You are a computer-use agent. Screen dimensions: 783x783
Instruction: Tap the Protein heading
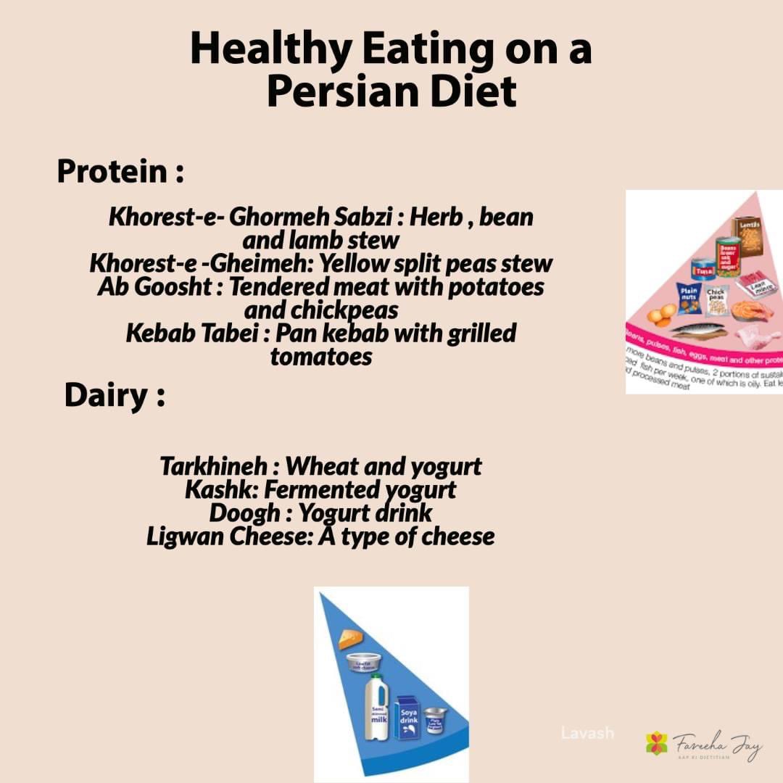pyautogui.click(x=112, y=172)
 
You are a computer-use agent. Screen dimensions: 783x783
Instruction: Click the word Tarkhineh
pyautogui.click(x=217, y=465)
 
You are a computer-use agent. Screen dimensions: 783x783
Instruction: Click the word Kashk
pyautogui.click(x=217, y=489)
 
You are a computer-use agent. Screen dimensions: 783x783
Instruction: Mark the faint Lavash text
pyautogui.click(x=587, y=733)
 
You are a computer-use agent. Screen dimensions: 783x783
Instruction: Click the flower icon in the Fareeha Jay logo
pyautogui.click(x=657, y=742)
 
